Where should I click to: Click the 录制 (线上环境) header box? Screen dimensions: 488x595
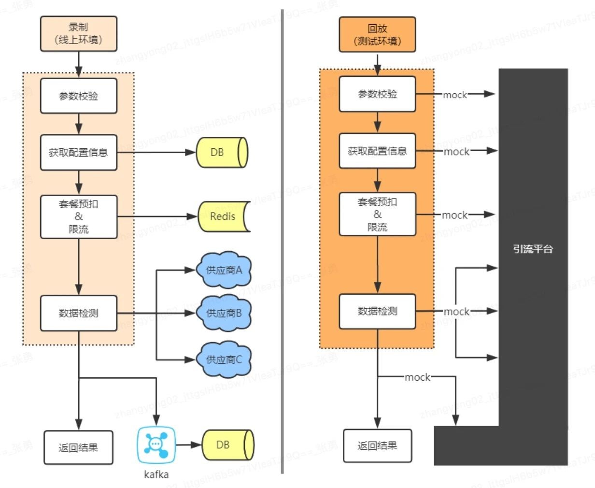tap(79, 34)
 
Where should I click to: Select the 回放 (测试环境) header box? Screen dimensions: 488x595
tap(377, 35)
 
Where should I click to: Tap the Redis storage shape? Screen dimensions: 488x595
tap(223, 216)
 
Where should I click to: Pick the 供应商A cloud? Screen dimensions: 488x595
tap(224, 270)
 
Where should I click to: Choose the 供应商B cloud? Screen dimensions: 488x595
tap(224, 313)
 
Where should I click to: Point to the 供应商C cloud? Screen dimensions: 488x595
tap(224, 359)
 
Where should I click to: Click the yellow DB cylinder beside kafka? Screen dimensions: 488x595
tap(227, 445)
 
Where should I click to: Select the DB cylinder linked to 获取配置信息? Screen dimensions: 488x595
tap(221, 152)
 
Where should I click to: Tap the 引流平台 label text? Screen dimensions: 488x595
tap(533, 249)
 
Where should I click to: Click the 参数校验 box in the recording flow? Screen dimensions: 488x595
tap(79, 96)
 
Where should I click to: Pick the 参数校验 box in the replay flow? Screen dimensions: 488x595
tap(377, 94)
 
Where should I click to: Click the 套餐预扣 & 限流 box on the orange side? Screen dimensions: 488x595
tap(377, 214)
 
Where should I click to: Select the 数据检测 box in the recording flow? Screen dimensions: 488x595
tap(79, 313)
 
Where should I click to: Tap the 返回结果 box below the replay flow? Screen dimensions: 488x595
tap(377, 445)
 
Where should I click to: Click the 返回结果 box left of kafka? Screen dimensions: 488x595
tap(79, 448)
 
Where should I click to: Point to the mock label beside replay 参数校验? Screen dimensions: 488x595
tap(455, 95)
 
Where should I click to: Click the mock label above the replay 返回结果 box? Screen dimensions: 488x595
tap(417, 377)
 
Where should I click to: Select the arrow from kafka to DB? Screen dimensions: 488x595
tap(188, 445)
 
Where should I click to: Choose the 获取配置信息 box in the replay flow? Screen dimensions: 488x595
tap(377, 151)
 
